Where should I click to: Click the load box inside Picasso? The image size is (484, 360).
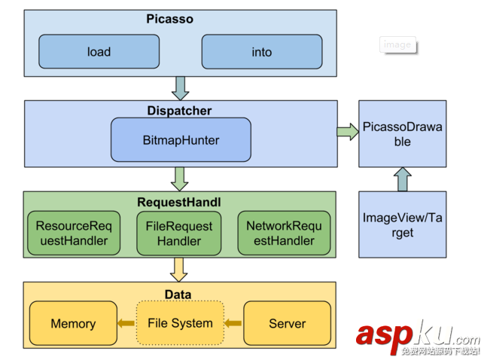click(99, 52)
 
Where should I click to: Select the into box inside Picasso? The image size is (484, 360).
click(261, 52)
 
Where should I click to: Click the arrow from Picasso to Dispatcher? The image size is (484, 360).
click(180, 88)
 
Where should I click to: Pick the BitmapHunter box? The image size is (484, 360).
click(181, 140)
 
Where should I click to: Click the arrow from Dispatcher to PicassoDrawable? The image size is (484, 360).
click(348, 132)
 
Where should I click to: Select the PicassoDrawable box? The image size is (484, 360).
click(402, 134)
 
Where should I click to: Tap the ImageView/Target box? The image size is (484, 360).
click(402, 225)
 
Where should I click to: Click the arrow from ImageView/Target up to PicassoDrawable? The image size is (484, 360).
click(402, 179)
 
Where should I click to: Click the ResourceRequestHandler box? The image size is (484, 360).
click(72, 233)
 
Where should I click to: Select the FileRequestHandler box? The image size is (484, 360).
click(179, 233)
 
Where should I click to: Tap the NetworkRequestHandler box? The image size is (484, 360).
click(285, 233)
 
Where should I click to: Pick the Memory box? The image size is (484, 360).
click(73, 324)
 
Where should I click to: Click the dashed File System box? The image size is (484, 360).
click(180, 323)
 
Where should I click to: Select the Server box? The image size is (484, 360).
click(287, 324)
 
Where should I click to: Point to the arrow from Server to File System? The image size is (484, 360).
click(234, 324)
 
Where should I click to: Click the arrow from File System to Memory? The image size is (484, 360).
click(126, 324)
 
